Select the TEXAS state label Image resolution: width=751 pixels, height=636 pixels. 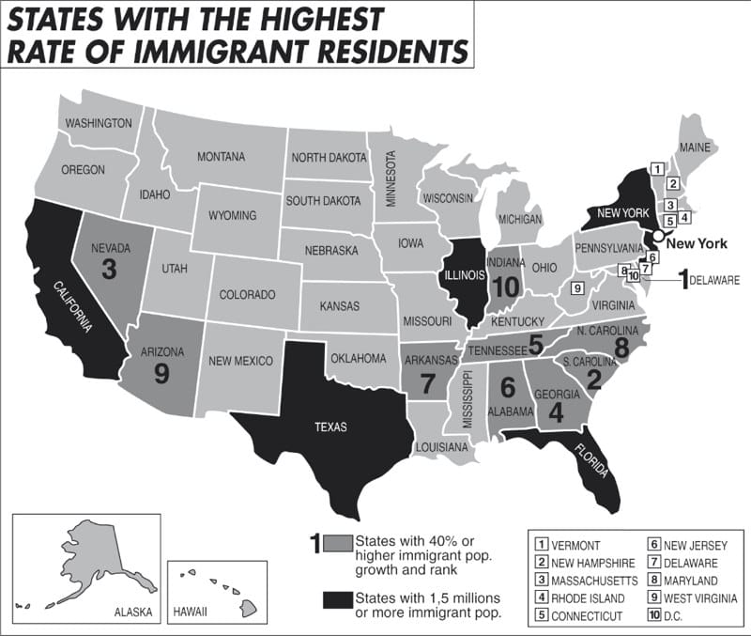coord(330,427)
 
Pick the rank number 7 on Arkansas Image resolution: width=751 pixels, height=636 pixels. coord(428,383)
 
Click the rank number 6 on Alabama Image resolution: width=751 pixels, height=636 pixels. coord(508,386)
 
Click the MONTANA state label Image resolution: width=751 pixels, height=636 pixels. coord(221,157)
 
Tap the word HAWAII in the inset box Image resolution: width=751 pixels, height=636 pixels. coord(191,613)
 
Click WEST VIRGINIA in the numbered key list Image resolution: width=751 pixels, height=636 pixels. coord(698,597)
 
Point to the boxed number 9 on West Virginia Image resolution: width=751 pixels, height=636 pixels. coord(577,287)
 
